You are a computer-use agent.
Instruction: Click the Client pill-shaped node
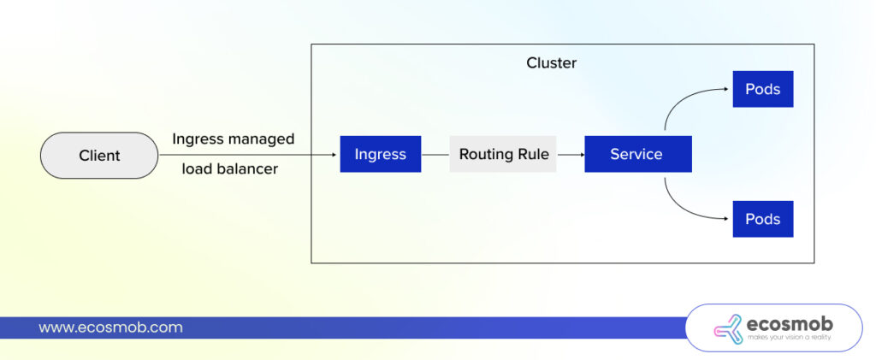coord(99,156)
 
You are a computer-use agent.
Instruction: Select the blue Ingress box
coord(380,154)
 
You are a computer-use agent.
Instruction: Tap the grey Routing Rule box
coord(502,154)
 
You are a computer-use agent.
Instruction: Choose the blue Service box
coord(637,154)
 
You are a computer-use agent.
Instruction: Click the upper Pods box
coord(762,89)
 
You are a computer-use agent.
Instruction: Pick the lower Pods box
coord(762,219)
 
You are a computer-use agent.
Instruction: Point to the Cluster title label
coord(551,63)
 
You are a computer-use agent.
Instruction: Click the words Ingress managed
coord(233,139)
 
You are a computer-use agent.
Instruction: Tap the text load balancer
coord(229,169)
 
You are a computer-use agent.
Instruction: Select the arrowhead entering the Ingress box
coord(334,155)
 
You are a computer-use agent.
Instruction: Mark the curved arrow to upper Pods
coord(684,101)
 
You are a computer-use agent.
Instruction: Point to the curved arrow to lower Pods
coord(684,208)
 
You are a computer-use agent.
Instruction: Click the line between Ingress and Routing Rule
coord(435,155)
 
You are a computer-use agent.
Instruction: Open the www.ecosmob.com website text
coord(110,328)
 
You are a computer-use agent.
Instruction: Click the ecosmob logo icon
coord(728,329)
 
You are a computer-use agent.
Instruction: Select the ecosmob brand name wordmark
coord(789,324)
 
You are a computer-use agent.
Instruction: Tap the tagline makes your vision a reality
coord(789,339)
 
